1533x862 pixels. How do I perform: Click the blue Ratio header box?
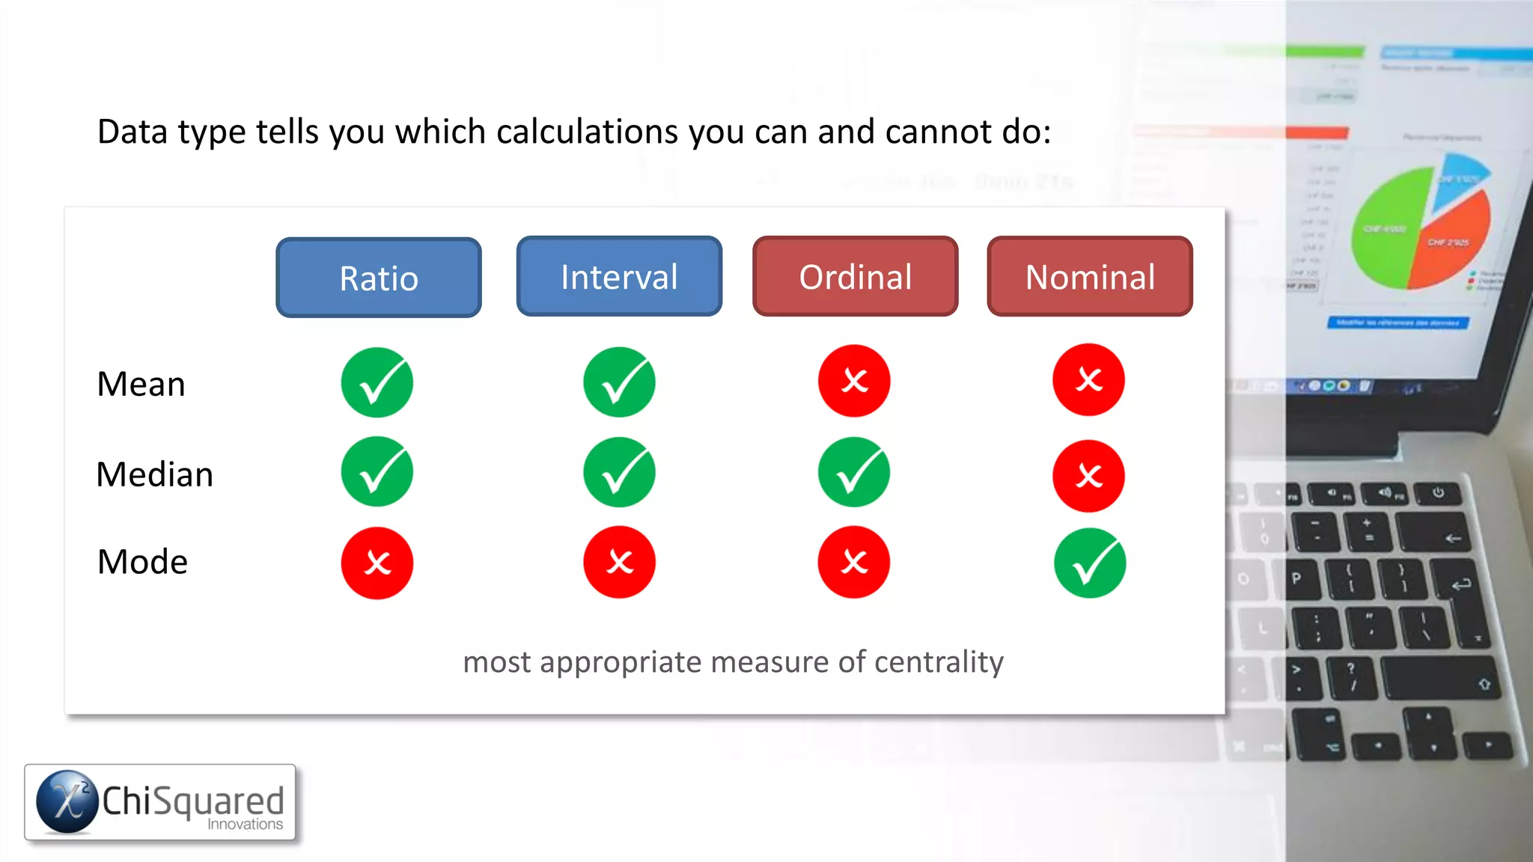[379, 278]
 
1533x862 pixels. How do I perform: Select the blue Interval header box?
[619, 276]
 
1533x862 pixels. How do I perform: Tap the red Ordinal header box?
[855, 276]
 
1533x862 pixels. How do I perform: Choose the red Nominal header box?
[1090, 276]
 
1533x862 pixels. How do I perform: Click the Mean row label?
[141, 384]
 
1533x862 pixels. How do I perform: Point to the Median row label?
[155, 474]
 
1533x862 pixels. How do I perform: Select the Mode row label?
[142, 562]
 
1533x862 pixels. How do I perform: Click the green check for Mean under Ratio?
[377, 382]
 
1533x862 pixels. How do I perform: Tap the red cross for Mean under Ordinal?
[854, 381]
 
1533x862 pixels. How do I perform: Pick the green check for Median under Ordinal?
[854, 473]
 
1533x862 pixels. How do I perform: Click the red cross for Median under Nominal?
[1088, 476]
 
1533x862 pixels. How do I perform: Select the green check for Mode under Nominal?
[1090, 563]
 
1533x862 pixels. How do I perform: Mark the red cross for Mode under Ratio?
[377, 563]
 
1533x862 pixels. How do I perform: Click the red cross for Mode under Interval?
[619, 562]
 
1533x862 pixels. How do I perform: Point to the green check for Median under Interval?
[619, 473]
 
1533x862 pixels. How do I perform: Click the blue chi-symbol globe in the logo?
[67, 801]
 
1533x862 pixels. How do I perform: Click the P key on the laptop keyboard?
[1297, 578]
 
